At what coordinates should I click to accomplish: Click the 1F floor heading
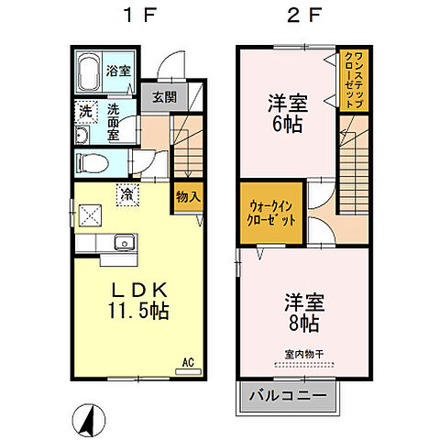click(x=137, y=16)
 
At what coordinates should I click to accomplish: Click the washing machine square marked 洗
click(x=83, y=111)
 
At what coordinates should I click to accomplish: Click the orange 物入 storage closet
click(x=188, y=196)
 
